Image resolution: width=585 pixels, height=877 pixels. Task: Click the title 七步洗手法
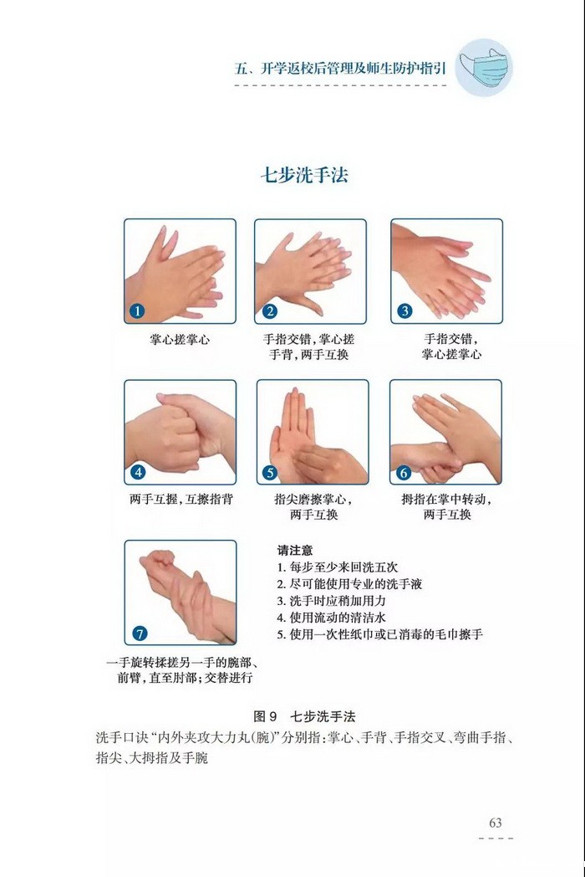[x=304, y=175]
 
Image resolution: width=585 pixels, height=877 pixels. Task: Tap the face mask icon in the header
[x=484, y=68]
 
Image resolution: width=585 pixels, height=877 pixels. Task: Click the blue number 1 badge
[x=137, y=311]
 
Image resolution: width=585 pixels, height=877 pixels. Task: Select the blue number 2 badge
[x=270, y=311]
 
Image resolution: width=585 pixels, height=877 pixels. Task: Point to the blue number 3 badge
[x=404, y=311]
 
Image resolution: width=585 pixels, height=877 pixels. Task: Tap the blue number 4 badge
[x=137, y=472]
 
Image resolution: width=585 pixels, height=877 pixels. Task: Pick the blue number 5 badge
[x=270, y=473]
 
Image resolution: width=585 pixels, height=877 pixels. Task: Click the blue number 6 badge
[x=404, y=473]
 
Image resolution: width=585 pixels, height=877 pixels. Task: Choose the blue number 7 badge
[x=139, y=633]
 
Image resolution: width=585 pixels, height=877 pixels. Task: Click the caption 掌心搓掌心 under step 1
[x=180, y=340]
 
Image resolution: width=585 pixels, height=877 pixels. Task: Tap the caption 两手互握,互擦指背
[x=181, y=499]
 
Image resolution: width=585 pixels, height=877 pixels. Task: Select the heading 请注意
[x=295, y=551]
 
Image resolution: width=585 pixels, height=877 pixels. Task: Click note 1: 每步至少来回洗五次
[x=338, y=567]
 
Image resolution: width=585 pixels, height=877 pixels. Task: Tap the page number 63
[x=495, y=823]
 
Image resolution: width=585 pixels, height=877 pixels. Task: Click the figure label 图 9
[x=266, y=716]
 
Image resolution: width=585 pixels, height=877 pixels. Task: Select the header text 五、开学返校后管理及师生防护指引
[x=340, y=69]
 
